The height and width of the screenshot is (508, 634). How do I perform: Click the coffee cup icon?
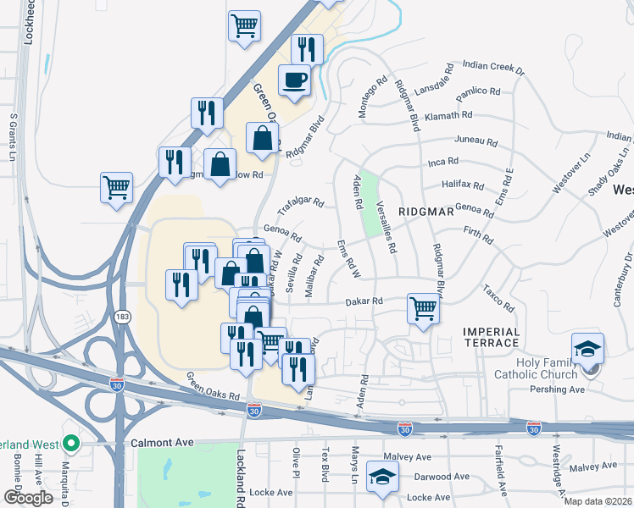[294, 80]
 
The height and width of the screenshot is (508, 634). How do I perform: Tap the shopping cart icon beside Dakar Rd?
[423, 308]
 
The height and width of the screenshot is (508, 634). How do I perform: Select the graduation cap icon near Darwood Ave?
[382, 475]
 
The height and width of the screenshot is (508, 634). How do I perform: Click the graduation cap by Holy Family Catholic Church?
[586, 350]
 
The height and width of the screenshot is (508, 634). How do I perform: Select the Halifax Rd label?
[463, 185]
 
